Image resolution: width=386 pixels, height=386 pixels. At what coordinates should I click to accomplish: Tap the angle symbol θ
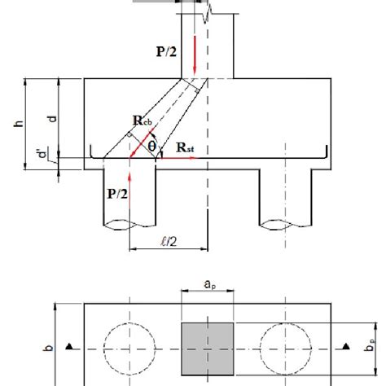click(x=151, y=146)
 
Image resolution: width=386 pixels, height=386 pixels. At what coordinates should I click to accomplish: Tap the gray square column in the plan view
click(x=208, y=348)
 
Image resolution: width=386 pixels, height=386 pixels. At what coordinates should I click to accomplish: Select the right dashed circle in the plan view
click(x=287, y=348)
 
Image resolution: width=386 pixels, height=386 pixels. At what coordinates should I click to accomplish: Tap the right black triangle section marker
click(x=346, y=348)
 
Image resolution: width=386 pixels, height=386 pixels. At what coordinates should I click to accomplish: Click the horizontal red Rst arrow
click(x=177, y=158)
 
